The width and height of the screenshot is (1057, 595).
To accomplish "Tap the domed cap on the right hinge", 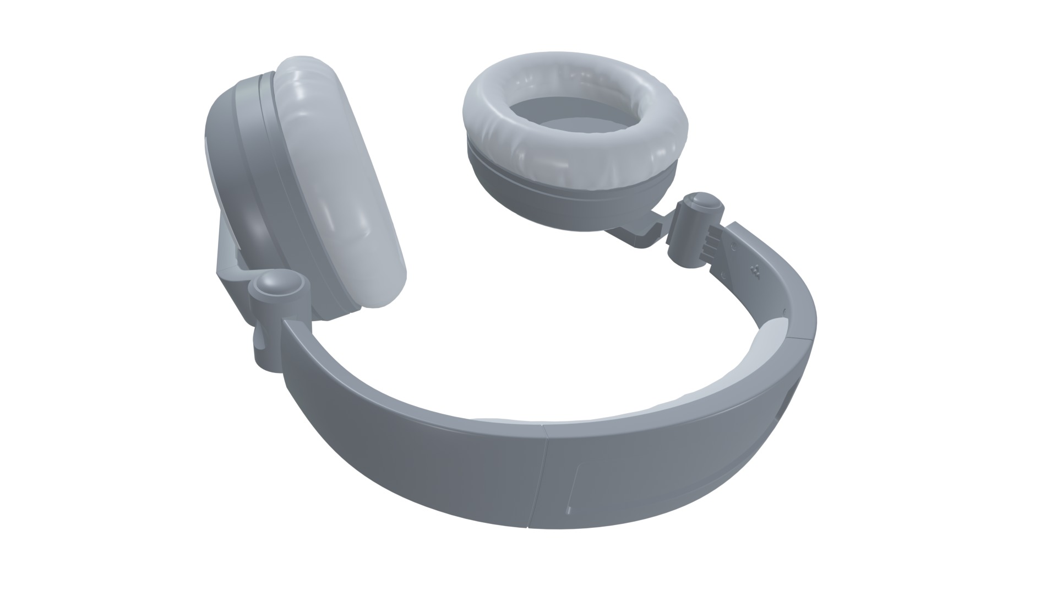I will pos(704,202).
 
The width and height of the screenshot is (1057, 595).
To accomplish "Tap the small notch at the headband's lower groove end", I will pos(569,510).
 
